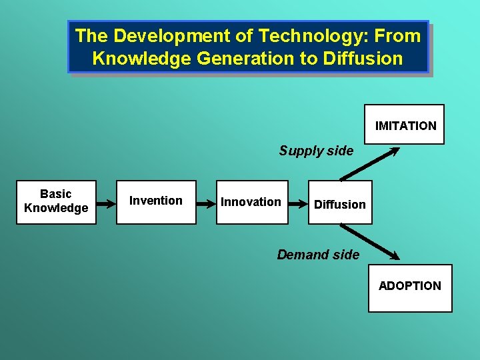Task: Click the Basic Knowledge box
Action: [x=56, y=202]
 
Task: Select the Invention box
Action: [x=156, y=202]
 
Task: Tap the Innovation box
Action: [x=252, y=202]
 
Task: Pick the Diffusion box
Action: [x=340, y=204]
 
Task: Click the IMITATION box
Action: [x=405, y=125]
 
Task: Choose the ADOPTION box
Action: [x=410, y=288]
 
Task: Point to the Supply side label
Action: [x=316, y=151]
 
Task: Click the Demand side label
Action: [x=318, y=254]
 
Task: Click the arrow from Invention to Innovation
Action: [x=206, y=202]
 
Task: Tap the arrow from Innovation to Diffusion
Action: [x=299, y=202]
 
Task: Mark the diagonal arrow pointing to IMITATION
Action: [x=370, y=163]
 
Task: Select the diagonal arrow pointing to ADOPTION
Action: [x=370, y=241]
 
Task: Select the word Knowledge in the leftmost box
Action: [x=56, y=208]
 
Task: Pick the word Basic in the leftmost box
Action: [x=56, y=194]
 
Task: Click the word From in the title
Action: [x=399, y=35]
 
